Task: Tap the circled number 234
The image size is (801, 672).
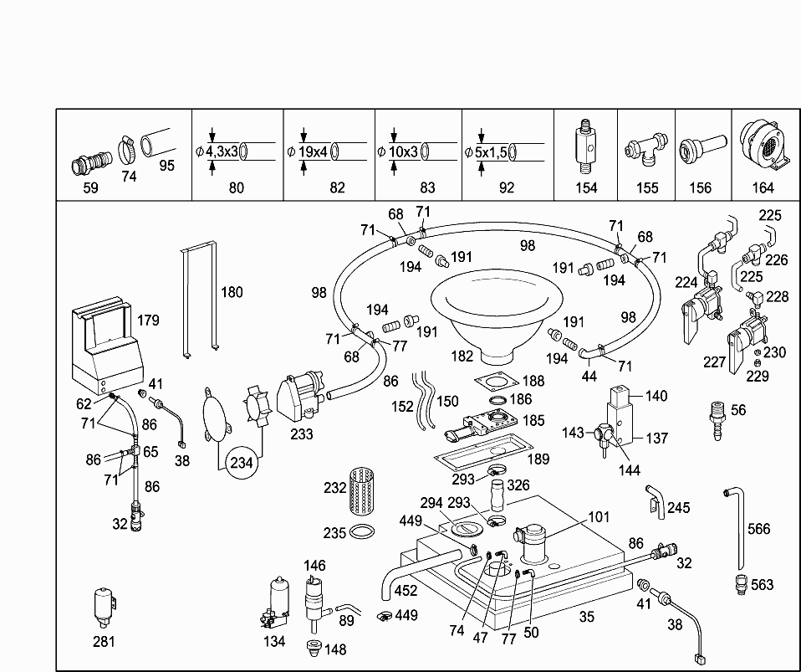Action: coord(242,462)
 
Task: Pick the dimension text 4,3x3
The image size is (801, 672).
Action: coord(222,151)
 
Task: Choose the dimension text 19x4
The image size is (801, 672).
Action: coord(314,151)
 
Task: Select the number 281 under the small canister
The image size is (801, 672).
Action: coord(104,642)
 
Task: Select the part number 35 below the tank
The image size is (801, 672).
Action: coord(587,618)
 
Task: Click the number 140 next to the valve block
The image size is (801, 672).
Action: coord(656,396)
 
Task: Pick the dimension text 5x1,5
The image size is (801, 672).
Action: coord(490,151)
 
